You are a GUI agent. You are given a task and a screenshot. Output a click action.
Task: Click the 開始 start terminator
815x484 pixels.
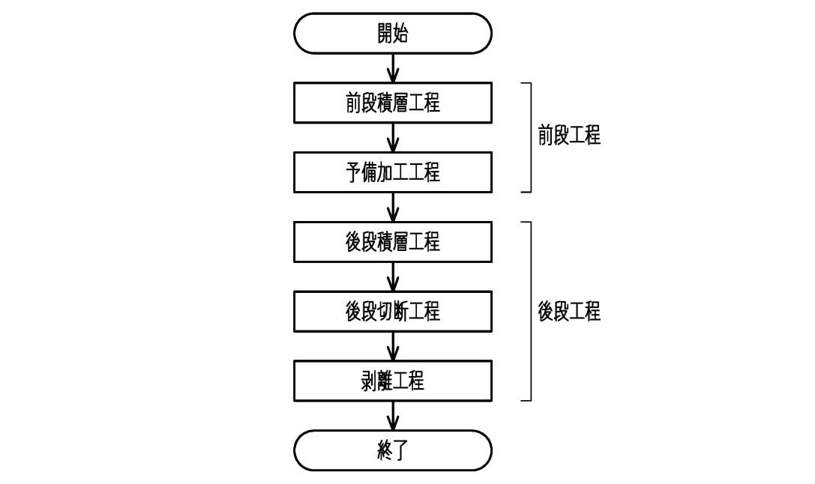click(392, 33)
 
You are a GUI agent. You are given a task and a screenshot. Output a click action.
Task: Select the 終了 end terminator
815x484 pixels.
click(392, 450)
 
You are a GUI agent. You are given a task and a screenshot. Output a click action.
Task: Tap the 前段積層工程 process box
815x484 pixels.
click(392, 103)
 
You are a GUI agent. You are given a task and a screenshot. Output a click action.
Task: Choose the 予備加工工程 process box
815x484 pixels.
click(392, 172)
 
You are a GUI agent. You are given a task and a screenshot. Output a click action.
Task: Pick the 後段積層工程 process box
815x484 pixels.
click(392, 242)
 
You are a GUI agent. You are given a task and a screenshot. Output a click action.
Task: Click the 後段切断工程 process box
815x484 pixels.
click(392, 312)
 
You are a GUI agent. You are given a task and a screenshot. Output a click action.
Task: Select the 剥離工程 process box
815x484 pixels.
click(392, 381)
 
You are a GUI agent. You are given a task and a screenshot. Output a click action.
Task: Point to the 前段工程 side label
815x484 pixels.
click(569, 136)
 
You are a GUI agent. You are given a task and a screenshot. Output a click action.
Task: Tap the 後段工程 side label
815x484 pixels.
click(569, 312)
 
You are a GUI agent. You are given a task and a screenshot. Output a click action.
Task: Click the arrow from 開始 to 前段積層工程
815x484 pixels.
click(393, 68)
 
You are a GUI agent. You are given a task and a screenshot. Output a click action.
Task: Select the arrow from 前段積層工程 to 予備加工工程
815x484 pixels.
click(393, 138)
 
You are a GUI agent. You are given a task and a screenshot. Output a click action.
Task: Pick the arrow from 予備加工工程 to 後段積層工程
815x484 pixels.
click(393, 208)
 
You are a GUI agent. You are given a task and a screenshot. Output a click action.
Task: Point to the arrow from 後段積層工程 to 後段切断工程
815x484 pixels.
click(393, 276)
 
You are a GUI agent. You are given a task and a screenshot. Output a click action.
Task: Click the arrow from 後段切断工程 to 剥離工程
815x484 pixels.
click(393, 346)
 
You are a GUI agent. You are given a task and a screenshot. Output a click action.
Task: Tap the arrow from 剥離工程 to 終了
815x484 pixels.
click(393, 416)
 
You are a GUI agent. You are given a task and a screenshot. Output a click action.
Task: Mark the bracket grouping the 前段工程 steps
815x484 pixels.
click(531, 138)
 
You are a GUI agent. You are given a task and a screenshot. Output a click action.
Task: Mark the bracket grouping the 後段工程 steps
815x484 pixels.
click(531, 312)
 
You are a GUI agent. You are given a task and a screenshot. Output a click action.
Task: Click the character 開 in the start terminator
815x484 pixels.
click(385, 33)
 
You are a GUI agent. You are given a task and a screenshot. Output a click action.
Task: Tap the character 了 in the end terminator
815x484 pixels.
click(400, 450)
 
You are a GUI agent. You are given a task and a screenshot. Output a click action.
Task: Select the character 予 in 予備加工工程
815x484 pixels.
click(353, 172)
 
